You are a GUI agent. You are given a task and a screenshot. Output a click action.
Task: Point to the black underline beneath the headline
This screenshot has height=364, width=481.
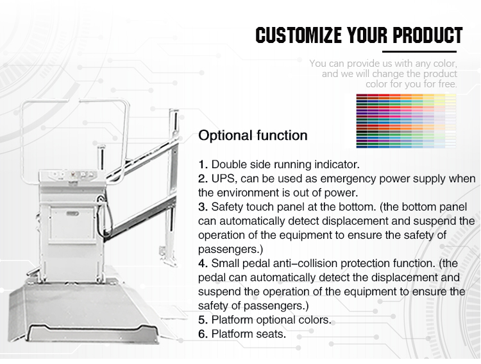coord(423,51)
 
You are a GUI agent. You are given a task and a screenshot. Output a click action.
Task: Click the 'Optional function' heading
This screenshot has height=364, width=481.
coord(253,135)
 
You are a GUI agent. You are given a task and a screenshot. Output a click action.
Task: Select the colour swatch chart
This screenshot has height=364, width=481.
coord(405,121)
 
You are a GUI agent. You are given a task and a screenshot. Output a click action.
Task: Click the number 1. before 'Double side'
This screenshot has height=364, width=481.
coord(203,164)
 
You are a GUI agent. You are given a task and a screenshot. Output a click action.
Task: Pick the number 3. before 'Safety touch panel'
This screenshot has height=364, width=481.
coord(203,207)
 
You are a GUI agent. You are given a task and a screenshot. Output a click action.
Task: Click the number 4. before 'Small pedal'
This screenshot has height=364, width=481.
coord(203,263)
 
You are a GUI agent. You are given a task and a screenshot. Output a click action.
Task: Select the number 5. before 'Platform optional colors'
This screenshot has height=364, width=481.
coord(203,320)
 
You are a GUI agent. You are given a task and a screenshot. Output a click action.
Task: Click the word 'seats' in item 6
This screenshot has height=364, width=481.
coord(271,334)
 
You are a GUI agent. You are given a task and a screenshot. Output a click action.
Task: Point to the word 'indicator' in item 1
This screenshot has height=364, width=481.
coord(336,164)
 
